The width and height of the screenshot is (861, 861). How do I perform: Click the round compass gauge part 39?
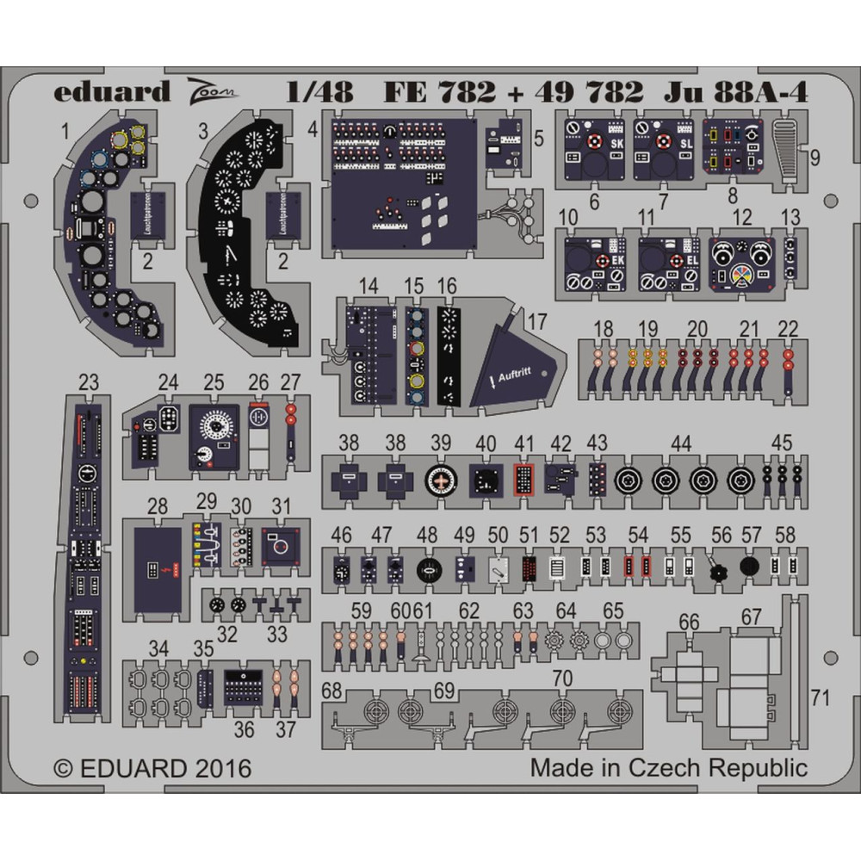(x=442, y=481)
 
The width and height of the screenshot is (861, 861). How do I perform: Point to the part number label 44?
(x=681, y=444)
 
